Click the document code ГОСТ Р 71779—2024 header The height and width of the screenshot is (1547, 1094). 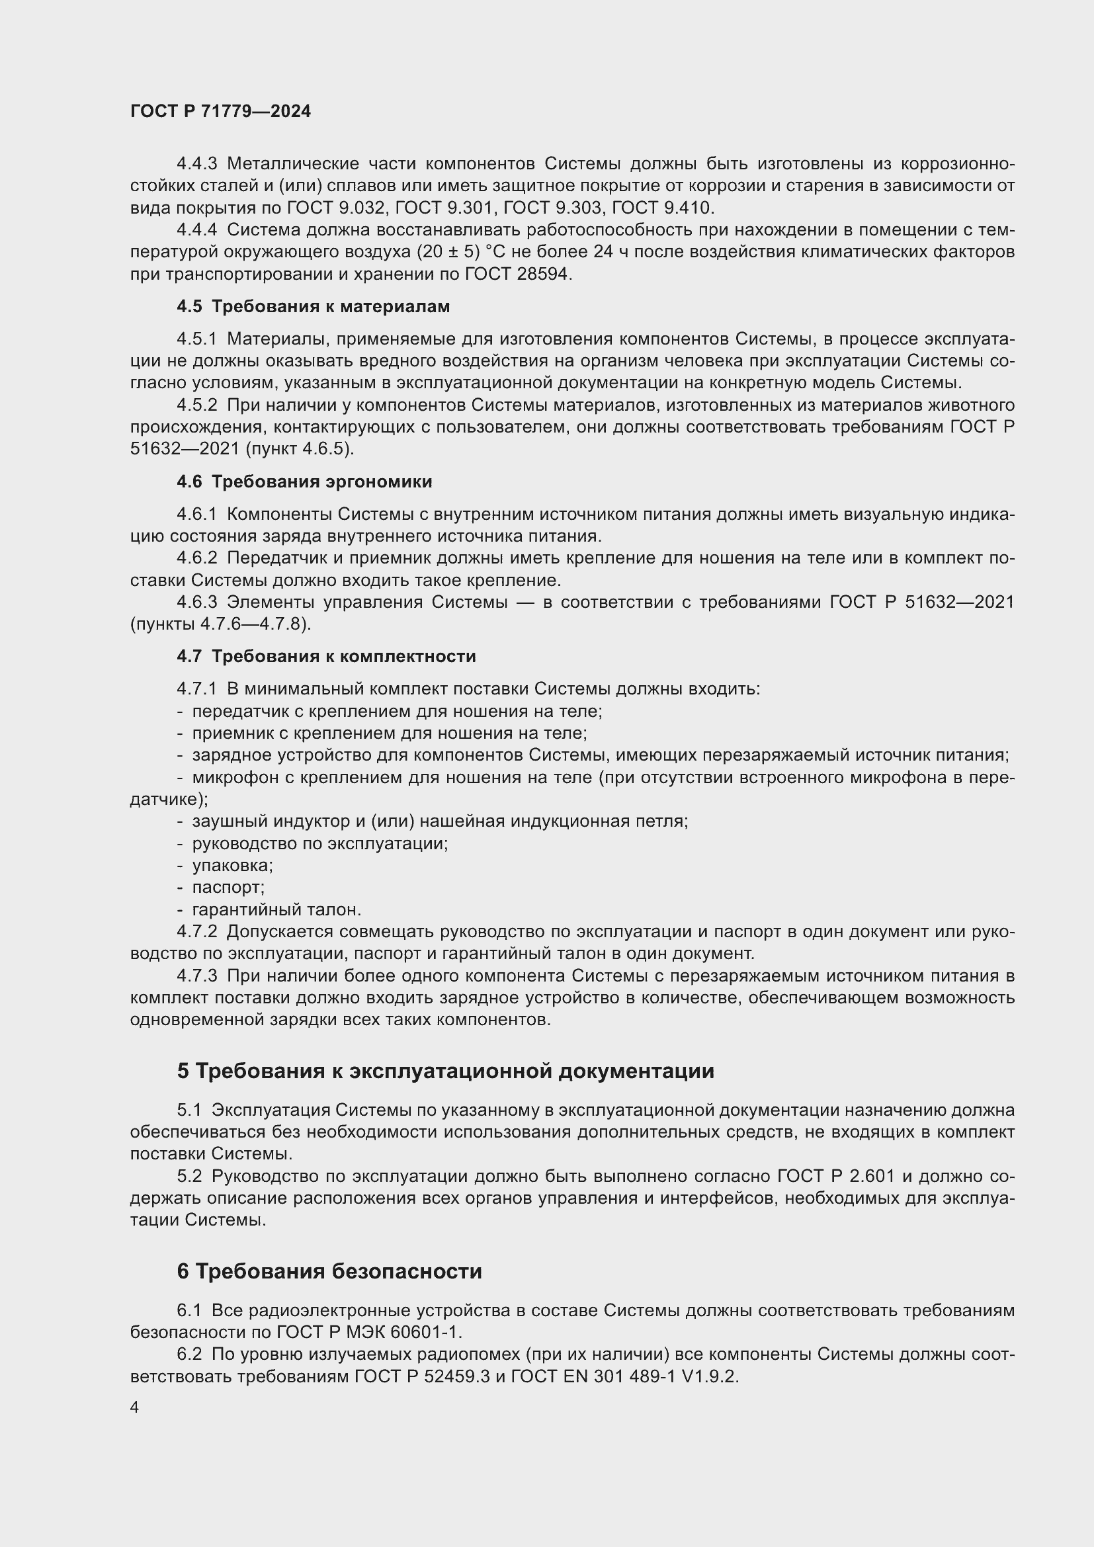[x=220, y=112]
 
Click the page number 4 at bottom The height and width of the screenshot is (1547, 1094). [x=135, y=1407]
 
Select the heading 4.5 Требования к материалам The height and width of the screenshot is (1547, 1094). [x=314, y=307]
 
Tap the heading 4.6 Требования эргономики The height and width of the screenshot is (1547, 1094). [x=304, y=481]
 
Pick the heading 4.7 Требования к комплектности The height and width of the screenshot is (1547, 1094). [x=326, y=656]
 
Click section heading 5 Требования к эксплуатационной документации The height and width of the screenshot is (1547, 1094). [x=445, y=1071]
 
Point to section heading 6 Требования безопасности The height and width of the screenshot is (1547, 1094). [x=329, y=1271]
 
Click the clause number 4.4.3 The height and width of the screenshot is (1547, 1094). [x=196, y=164]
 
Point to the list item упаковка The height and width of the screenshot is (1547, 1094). [x=232, y=865]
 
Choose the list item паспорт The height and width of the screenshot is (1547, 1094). [x=228, y=888]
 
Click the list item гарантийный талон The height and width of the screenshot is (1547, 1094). [x=276, y=909]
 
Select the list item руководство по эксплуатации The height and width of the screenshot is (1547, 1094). [x=320, y=843]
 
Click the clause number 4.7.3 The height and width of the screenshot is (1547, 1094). [x=196, y=976]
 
